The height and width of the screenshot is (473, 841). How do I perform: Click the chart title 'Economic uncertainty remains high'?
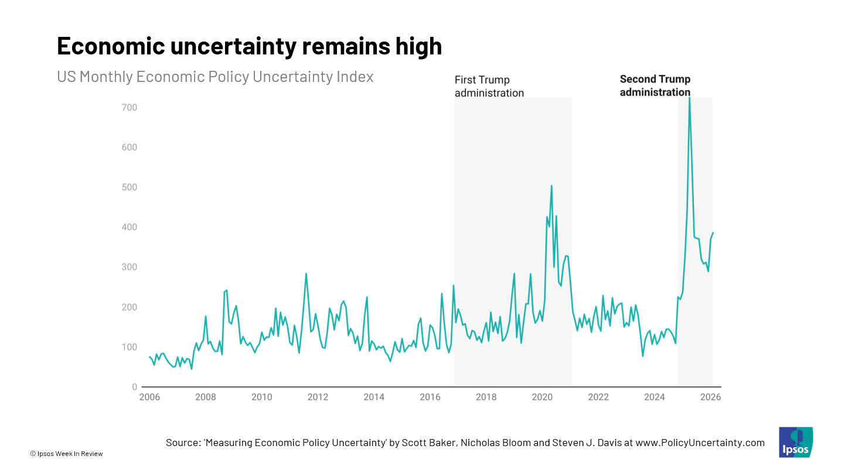tap(249, 46)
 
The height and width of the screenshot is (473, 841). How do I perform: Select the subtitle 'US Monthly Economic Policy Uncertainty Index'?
tap(215, 77)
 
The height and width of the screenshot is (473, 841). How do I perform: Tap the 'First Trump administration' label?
tap(489, 86)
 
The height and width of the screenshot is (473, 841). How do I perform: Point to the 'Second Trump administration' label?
tap(655, 85)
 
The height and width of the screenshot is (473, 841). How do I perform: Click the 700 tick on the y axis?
tap(130, 108)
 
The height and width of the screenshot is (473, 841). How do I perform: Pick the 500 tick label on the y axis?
tap(130, 187)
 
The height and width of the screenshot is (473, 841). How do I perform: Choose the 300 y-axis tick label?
tap(130, 267)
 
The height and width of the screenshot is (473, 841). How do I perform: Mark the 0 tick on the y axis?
tap(134, 387)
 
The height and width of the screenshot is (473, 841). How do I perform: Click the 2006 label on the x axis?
tap(149, 397)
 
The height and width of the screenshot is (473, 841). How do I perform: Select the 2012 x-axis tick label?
tap(318, 397)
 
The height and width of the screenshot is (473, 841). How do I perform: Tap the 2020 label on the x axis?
tap(542, 397)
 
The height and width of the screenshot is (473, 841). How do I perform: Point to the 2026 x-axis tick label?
tap(710, 397)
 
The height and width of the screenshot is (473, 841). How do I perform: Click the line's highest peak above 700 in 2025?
tap(689, 98)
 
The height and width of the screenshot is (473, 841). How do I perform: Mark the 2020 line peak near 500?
tap(551, 186)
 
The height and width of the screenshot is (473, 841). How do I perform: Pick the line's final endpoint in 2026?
tap(713, 233)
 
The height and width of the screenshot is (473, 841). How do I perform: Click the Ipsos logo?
tap(795, 443)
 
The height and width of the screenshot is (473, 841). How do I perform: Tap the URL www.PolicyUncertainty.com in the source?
tap(699, 443)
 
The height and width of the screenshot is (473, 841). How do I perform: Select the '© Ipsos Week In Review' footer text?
tap(66, 454)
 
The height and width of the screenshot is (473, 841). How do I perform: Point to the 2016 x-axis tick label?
tap(430, 397)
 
